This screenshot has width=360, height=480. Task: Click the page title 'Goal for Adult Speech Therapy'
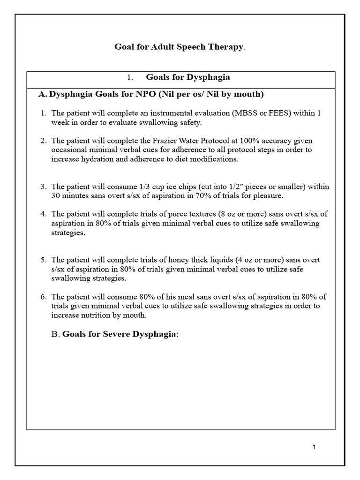click(180, 47)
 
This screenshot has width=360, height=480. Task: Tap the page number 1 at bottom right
click(314, 447)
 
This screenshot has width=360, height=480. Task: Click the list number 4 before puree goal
click(43, 214)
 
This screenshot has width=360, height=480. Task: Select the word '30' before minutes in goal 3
click(56, 195)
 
